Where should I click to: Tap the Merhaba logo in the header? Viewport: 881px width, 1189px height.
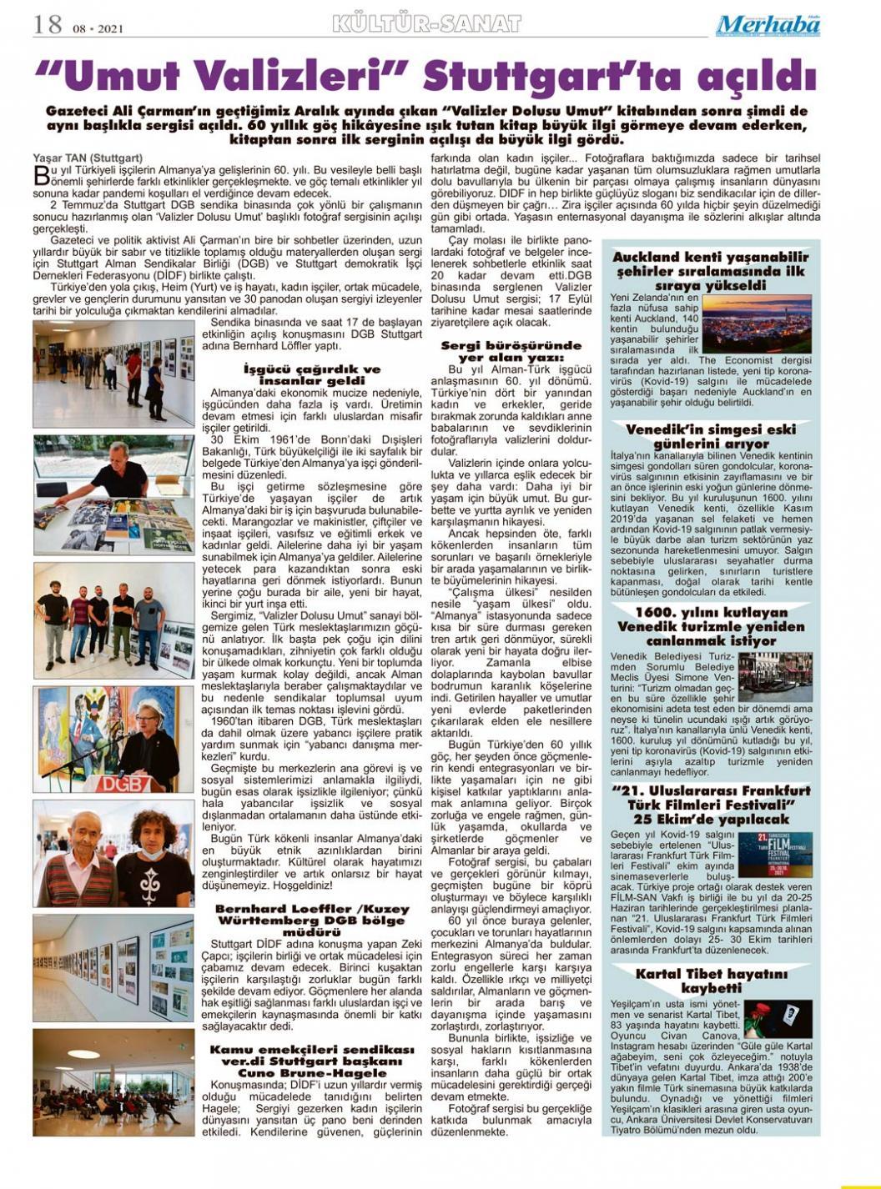[768, 25]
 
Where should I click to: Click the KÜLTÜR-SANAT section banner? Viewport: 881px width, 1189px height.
[426, 24]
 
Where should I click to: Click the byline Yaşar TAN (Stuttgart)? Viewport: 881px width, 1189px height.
[88, 158]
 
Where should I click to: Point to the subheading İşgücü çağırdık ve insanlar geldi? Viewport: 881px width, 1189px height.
[311, 374]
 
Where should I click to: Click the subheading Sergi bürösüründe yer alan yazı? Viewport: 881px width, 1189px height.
[511, 351]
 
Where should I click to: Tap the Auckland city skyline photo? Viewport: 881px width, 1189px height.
[757, 325]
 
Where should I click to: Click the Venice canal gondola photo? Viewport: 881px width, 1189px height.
[774, 677]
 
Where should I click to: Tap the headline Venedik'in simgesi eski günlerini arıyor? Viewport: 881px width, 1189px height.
[711, 437]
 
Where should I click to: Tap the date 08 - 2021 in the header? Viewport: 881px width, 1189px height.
[98, 28]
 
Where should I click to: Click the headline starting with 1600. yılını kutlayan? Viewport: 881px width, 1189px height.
[711, 626]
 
